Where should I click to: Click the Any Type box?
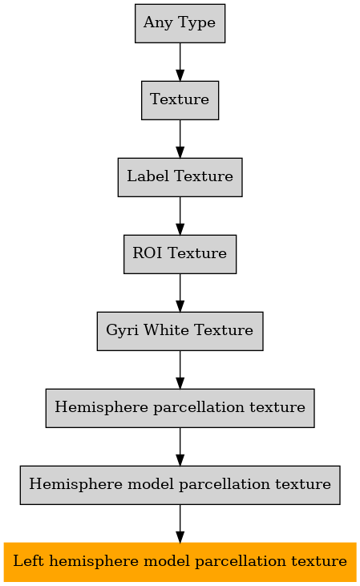click(180, 23)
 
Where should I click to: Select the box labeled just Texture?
click(180, 100)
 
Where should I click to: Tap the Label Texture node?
click(180, 177)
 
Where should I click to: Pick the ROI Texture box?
click(180, 254)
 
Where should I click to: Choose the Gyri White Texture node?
click(180, 331)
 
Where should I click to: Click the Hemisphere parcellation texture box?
click(180, 408)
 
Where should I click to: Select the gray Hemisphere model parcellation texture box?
click(180, 485)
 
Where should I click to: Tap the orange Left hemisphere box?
click(180, 562)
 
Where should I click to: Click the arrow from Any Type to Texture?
click(180, 62)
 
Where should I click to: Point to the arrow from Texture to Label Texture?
click(180, 139)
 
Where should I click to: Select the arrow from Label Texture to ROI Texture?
click(180, 216)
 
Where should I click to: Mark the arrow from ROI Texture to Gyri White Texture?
click(180, 293)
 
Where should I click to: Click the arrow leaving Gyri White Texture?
click(180, 370)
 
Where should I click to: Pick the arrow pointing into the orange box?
click(180, 524)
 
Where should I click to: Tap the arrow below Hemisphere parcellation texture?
click(180, 447)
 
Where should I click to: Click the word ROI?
click(148, 253)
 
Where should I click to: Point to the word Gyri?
click(123, 331)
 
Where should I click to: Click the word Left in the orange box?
click(28, 560)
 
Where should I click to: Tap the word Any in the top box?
click(157, 22)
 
